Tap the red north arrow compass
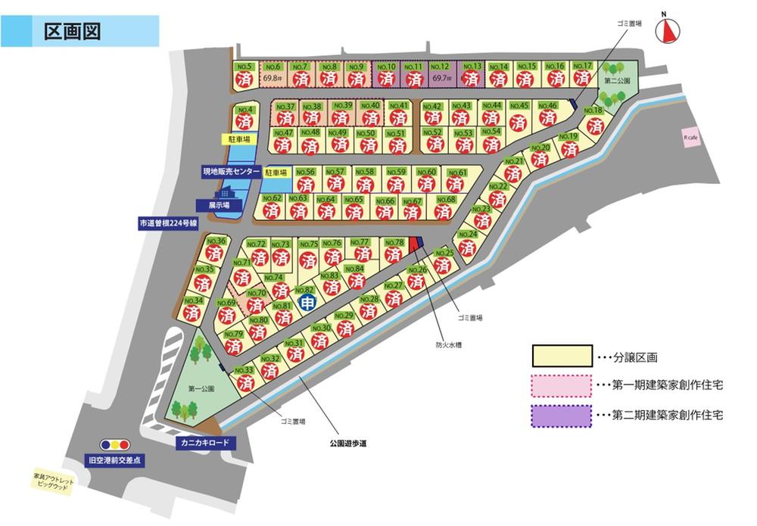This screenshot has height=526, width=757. [669, 30]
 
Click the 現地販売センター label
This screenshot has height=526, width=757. [231, 172]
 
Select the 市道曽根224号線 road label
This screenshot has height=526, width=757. [168, 223]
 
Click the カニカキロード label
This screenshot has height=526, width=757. [205, 443]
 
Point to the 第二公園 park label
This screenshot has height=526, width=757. [617, 79]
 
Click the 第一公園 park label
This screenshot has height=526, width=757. [201, 388]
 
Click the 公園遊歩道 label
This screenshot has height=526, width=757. [348, 444]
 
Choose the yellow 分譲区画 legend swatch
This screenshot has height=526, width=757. [561, 356]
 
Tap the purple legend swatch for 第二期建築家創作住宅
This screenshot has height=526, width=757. [561, 416]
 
